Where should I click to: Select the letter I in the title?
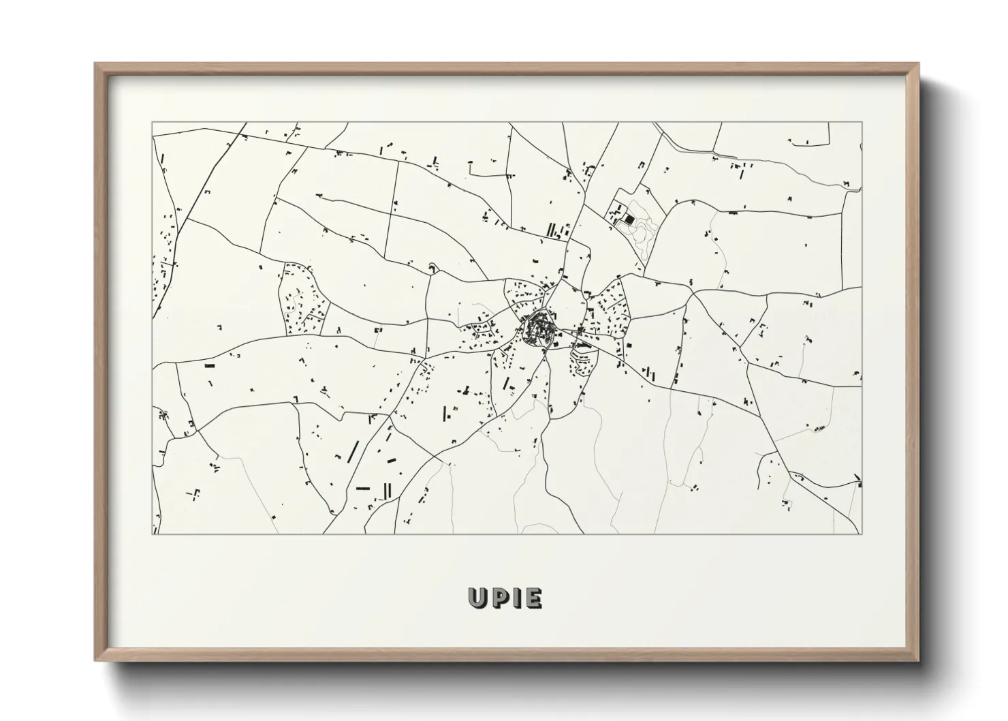click(x=517, y=598)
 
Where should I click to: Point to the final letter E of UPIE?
click(x=533, y=598)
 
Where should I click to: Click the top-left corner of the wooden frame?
click(x=95, y=64)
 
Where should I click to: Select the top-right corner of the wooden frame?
click(x=918, y=64)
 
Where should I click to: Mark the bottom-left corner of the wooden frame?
click(x=95, y=660)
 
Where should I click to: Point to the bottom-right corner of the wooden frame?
click(x=918, y=660)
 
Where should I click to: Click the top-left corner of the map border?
click(x=153, y=123)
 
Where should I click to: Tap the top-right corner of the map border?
click(x=862, y=123)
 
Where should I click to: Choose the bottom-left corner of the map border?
click(x=153, y=534)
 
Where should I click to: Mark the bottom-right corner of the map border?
click(x=862, y=534)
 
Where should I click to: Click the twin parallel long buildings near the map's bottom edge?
click(x=388, y=490)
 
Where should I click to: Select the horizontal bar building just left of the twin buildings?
click(x=362, y=488)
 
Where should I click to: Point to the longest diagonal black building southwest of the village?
click(x=353, y=452)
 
